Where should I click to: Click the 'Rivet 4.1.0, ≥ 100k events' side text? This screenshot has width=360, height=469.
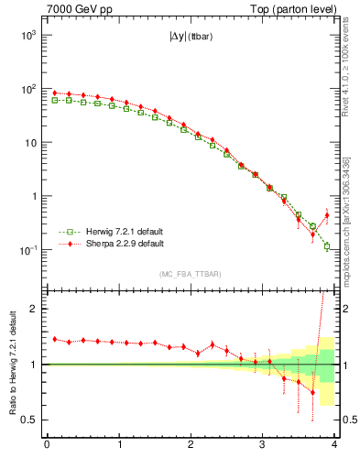click(345, 64)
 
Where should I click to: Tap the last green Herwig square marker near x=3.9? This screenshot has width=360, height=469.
click(327, 246)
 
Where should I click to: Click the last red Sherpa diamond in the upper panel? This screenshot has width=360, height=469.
click(327, 215)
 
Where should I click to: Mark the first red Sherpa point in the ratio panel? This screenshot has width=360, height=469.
click(55, 339)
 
